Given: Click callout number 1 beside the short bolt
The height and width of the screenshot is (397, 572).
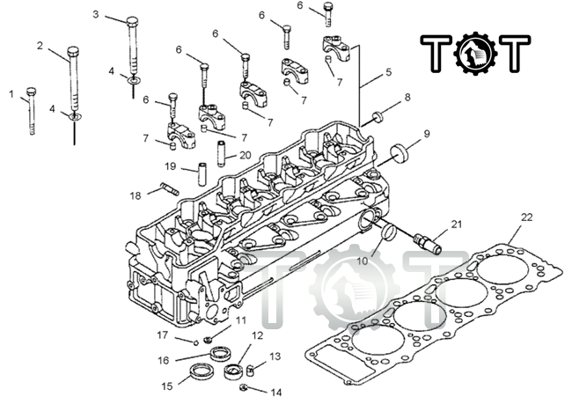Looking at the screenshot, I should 12,92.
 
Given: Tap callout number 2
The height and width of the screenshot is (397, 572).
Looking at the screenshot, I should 40,45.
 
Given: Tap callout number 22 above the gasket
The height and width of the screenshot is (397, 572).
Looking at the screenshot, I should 526,217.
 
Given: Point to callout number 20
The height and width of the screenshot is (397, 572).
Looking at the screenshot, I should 245,154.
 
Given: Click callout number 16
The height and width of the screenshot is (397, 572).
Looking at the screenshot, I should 163,360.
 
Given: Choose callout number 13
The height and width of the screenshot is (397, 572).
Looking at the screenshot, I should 275,357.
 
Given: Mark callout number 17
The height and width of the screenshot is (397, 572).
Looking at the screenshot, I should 162,335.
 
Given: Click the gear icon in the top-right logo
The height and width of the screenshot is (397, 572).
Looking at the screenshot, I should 476,53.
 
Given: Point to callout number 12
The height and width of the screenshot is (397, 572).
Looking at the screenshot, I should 257,335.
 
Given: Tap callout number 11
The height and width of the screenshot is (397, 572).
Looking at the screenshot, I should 240,320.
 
